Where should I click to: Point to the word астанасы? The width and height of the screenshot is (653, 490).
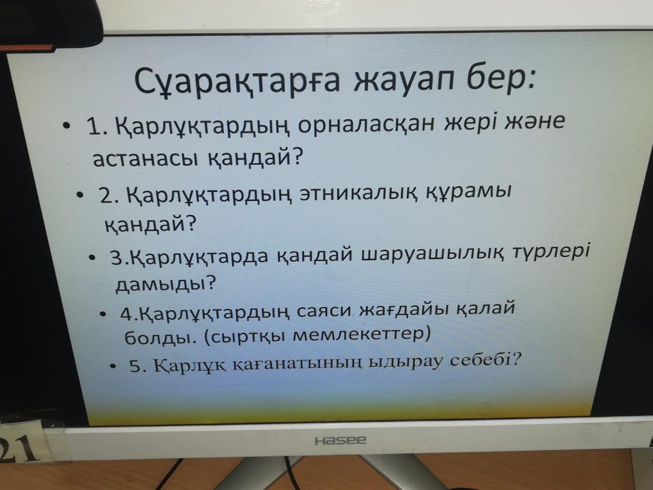point(146,159)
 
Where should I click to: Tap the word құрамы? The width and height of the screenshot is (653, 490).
point(469,192)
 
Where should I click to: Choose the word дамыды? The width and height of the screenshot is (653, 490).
point(165,284)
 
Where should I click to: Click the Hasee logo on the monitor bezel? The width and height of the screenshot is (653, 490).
point(341,440)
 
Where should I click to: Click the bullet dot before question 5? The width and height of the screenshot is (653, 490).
point(112,366)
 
